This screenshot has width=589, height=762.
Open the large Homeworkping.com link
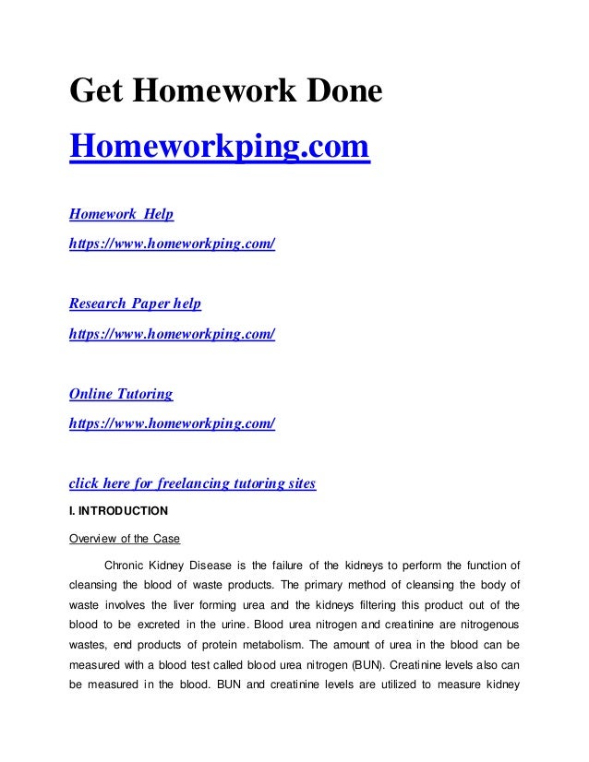point(220,146)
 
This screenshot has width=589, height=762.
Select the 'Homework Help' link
point(122,215)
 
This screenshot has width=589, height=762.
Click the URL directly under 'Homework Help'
point(173,244)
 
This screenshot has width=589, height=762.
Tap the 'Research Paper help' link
point(136,304)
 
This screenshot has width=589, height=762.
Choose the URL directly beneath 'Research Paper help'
point(173,333)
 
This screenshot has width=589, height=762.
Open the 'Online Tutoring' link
point(122,394)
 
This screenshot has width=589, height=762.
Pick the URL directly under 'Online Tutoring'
point(173,423)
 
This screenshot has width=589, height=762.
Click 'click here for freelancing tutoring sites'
point(193,483)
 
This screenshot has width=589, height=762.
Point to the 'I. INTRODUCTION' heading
point(119,510)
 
